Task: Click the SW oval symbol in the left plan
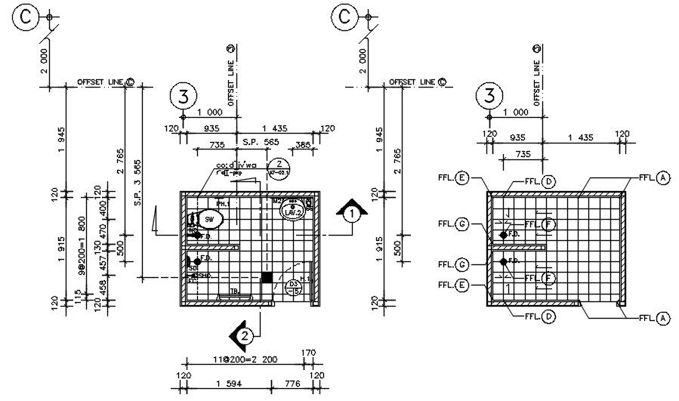point(208,220)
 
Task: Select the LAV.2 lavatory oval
point(292,212)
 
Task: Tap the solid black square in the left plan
point(267,277)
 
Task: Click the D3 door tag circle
point(294,287)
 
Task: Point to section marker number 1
point(350,214)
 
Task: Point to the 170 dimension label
point(308,353)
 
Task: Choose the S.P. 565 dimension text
point(261,142)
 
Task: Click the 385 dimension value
point(304,144)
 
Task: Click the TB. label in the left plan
point(234,292)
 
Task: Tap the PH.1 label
point(222,204)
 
